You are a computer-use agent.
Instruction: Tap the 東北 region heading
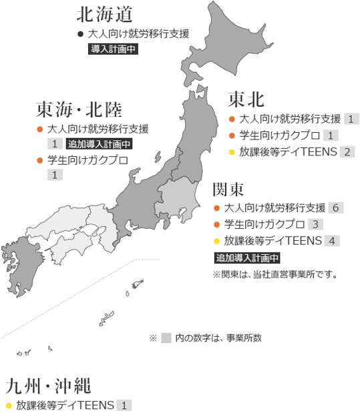tap(246, 99)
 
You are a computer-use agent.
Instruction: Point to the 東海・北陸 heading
tap(79, 109)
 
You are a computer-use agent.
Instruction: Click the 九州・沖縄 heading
tap(47, 386)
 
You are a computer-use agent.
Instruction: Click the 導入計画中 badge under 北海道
tap(114, 49)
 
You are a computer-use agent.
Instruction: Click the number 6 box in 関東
tap(336, 208)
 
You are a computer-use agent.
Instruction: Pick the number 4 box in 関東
tap(332, 241)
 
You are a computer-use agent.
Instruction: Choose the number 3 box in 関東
tap(316, 224)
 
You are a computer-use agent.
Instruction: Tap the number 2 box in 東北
tap(347, 152)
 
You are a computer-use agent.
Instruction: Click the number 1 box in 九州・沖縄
tap(124, 405)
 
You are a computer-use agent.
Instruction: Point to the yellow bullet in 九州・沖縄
tap(9, 405)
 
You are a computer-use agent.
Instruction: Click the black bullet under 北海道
tap(80, 33)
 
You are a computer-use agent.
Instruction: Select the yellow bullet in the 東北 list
tap(232, 152)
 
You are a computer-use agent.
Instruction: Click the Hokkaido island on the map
tap(214, 47)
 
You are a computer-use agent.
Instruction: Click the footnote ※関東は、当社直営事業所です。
tap(275, 274)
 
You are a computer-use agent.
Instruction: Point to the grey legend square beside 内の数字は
tap(166, 338)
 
